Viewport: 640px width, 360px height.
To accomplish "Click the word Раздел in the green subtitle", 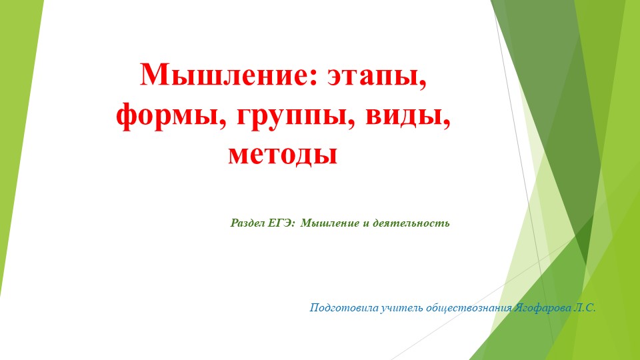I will click(247, 223).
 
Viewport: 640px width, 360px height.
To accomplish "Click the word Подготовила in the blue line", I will click(343, 308).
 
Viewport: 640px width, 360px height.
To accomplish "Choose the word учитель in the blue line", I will click(399, 308).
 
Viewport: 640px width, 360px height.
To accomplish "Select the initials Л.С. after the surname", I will click(583, 308).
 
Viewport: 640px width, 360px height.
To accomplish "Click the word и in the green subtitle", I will click(365, 223).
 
